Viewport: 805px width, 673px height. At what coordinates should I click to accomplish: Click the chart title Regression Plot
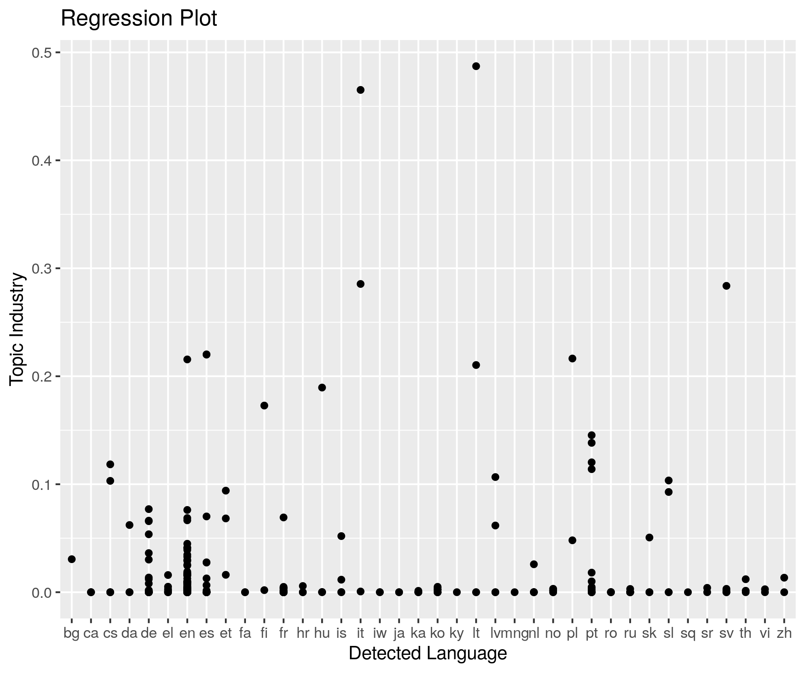139,19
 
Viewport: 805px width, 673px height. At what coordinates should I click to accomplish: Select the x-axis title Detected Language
428,653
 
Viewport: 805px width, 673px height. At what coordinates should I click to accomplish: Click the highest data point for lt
476,66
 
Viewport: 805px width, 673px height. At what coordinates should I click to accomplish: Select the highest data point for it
360,90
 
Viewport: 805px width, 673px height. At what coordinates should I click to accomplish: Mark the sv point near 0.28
727,286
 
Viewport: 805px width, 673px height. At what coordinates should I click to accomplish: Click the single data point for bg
72,559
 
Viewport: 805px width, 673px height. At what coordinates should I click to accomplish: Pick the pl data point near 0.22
572,359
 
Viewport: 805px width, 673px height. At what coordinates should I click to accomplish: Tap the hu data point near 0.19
322,388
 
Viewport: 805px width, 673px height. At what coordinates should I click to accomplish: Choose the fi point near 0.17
264,405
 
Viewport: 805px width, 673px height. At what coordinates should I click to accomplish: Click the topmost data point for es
206,354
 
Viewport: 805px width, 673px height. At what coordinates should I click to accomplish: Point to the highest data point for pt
591,435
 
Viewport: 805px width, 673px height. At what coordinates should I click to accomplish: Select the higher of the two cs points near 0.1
110,464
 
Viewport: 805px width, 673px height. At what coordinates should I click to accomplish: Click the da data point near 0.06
129,525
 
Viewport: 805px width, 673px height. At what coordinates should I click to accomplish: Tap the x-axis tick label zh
784,633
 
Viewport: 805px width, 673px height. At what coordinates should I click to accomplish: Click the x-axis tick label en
187,633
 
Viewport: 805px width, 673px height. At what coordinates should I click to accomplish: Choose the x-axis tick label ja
399,633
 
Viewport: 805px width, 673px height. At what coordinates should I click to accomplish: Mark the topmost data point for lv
495,477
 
